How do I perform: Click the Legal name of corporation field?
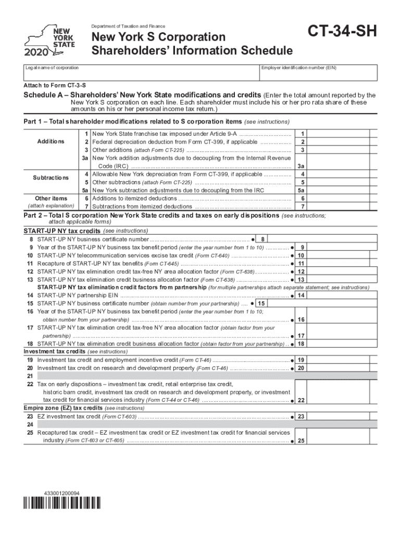(141, 73)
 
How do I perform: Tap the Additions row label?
(51, 142)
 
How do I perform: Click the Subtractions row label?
(51, 177)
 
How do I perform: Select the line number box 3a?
(300, 166)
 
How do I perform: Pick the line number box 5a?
(300, 190)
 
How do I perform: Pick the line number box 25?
(300, 441)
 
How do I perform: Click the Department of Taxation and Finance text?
(128, 27)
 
